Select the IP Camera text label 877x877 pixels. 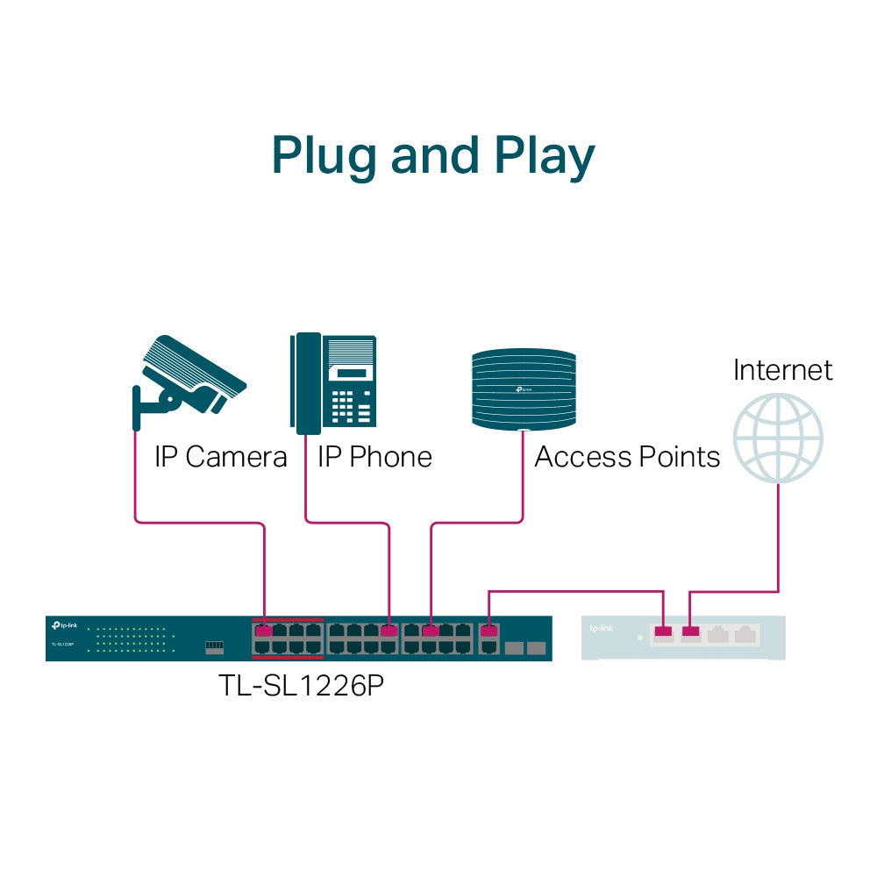pyautogui.click(x=220, y=457)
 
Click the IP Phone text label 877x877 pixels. pyautogui.click(x=374, y=457)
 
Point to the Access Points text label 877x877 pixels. pyautogui.click(x=627, y=457)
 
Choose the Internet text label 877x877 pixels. pyautogui.click(x=782, y=369)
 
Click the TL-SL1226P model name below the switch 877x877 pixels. pyautogui.click(x=301, y=686)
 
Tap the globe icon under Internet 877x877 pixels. pyautogui.click(x=778, y=438)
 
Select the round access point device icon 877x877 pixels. pyautogui.click(x=524, y=389)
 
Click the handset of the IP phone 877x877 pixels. pyautogui.click(x=306, y=383)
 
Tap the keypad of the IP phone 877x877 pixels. pyautogui.click(x=354, y=405)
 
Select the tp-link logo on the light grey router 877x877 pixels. pyautogui.click(x=602, y=628)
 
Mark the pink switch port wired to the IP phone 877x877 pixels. pyautogui.click(x=389, y=631)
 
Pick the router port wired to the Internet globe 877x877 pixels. pyautogui.click(x=691, y=631)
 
